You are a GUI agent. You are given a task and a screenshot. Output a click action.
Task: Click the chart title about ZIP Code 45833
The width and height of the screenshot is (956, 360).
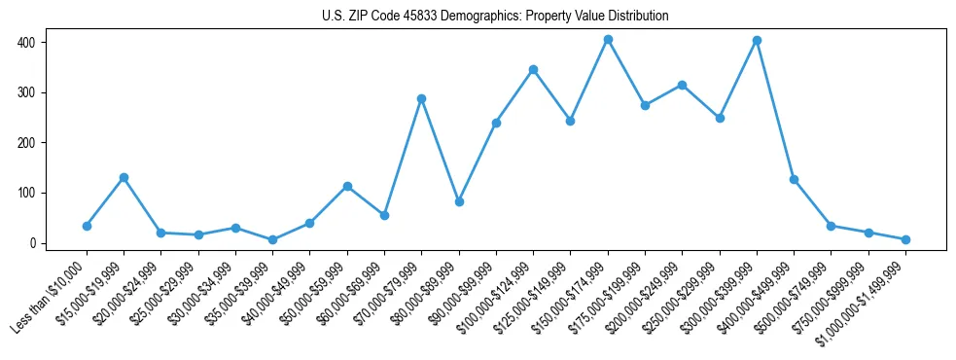tap(495, 16)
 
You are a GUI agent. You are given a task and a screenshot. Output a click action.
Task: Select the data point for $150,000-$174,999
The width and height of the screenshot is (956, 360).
tap(608, 40)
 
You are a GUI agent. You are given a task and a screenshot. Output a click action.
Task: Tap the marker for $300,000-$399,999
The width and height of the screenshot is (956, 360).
tap(757, 41)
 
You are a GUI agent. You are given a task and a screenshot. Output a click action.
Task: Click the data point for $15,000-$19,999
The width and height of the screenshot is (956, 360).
tap(124, 177)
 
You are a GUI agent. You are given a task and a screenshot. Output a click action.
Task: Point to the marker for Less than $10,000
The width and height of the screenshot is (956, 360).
tap(87, 226)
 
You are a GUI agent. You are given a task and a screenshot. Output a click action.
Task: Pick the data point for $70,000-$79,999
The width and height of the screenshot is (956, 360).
tap(421, 98)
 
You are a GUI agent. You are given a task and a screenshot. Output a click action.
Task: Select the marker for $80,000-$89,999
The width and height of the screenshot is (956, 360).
tap(459, 201)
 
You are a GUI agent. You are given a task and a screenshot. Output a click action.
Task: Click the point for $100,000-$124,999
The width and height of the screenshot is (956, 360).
tap(533, 69)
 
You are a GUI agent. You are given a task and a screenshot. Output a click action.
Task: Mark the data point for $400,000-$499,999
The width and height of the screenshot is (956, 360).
tap(794, 179)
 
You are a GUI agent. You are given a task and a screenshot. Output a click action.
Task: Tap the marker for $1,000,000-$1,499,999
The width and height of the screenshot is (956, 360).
tap(905, 239)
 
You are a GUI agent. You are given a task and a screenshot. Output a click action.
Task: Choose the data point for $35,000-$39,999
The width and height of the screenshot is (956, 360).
tap(272, 239)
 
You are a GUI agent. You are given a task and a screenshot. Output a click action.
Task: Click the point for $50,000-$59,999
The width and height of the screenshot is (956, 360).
tap(347, 186)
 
